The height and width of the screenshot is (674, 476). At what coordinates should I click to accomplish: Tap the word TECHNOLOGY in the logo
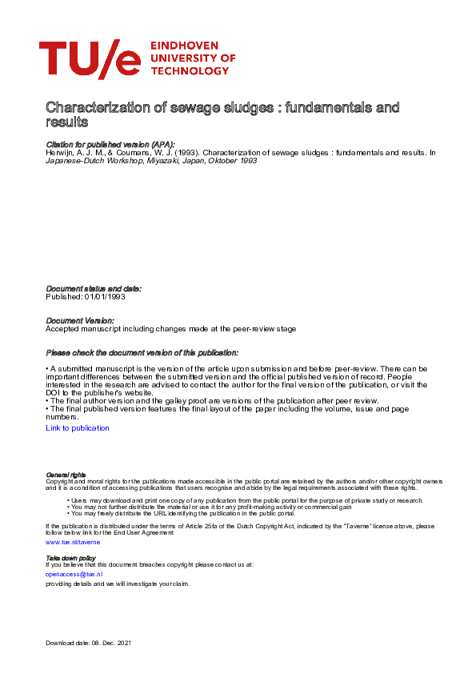click(189, 71)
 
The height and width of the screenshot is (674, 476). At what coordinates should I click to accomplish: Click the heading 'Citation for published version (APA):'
click(110, 144)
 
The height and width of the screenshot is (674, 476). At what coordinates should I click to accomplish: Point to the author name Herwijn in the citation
click(60, 151)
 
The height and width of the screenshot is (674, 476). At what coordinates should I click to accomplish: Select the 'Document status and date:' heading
click(94, 288)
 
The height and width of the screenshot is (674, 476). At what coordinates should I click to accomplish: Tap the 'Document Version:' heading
click(80, 320)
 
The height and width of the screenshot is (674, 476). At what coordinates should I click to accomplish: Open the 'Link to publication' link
click(78, 428)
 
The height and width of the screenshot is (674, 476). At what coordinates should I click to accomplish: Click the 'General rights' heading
click(66, 475)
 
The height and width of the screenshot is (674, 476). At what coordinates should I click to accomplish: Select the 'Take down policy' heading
click(70, 557)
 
